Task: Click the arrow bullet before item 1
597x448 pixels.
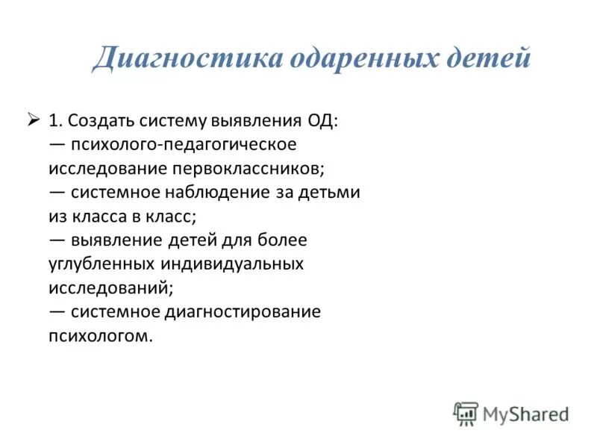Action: pyautogui.click(x=33, y=119)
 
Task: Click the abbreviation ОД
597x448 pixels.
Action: pyautogui.click(x=321, y=120)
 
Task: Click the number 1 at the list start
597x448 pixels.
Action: pyautogui.click(x=54, y=120)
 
